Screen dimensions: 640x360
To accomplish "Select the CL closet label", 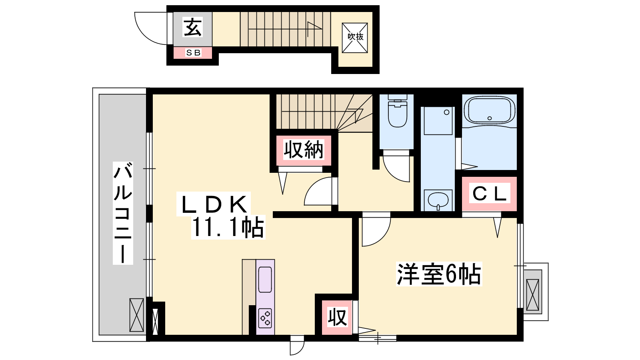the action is [x=490, y=194].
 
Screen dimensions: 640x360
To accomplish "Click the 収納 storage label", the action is [x=304, y=150].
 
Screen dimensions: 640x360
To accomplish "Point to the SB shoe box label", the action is [x=194, y=52].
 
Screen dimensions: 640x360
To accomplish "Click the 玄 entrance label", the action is [x=193, y=27].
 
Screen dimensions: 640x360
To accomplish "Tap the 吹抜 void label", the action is [x=355, y=36].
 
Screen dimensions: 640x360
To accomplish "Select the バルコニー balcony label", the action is [x=123, y=212].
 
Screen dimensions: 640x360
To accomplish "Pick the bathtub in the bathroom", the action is [x=490, y=110].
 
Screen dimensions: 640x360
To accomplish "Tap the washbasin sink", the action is [x=438, y=200].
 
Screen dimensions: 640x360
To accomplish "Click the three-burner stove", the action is [x=265, y=318].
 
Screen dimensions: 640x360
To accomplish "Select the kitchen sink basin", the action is [x=265, y=280].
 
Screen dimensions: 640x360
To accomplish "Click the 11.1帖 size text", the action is [x=228, y=228].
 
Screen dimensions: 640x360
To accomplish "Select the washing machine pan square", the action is [x=438, y=120].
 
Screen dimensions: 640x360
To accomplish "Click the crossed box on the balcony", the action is [x=136, y=315].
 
